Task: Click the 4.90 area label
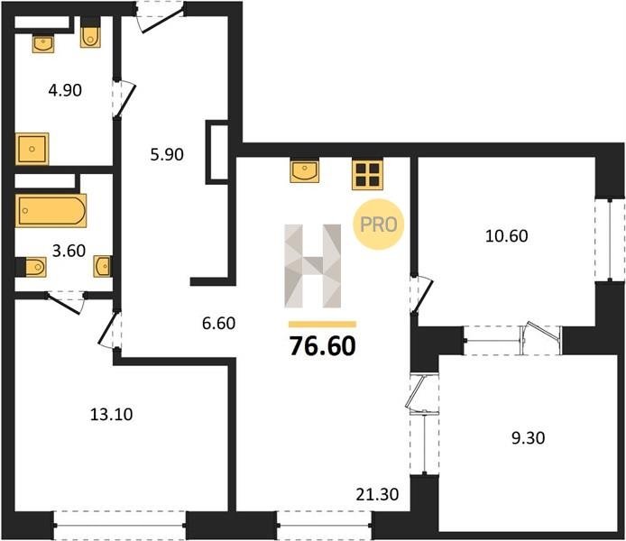point(65,90)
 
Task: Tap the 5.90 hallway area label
point(167,154)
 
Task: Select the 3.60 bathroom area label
point(69,251)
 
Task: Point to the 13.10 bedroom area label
point(111,415)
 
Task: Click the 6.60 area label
point(219,323)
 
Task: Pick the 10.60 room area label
point(507,236)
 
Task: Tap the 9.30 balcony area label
point(529,438)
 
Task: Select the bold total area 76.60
point(323,346)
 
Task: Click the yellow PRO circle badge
point(379,225)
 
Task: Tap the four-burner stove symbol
point(367,175)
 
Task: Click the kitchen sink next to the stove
point(305,170)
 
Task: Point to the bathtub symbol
point(51,211)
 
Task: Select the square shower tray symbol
point(32,149)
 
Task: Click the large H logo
point(313,266)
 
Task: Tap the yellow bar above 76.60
point(322,325)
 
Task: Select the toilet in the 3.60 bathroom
point(32,267)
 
